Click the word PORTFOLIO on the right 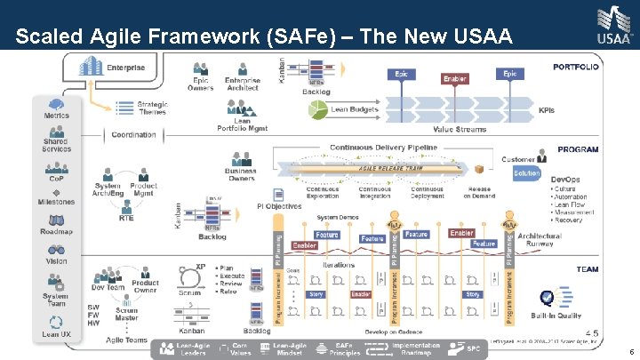(575, 66)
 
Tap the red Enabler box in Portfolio (454, 79)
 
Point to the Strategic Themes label (152, 107)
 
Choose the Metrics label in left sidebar (57, 115)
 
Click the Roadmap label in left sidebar (57, 231)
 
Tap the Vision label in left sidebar (57, 260)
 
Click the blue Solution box (526, 173)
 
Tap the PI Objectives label (279, 206)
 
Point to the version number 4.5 (591, 332)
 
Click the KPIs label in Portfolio (547, 111)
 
